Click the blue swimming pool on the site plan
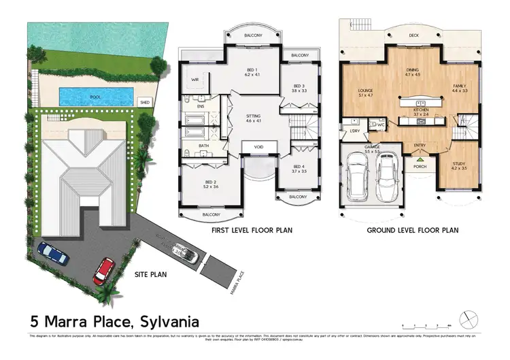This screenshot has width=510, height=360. [x=95, y=96]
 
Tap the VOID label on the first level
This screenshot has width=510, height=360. [x=258, y=146]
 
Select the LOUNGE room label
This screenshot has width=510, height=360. [x=367, y=92]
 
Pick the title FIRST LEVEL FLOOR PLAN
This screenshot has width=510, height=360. [x=252, y=231]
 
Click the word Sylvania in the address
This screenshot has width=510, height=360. [x=169, y=319]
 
